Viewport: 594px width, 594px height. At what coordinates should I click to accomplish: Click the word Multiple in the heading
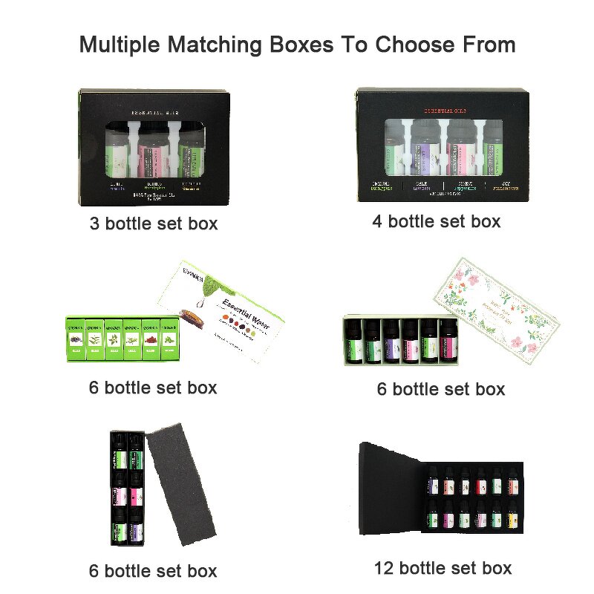tap(123, 45)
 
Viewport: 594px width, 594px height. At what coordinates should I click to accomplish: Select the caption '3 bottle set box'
tap(153, 223)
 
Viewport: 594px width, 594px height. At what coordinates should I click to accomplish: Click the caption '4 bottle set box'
tap(437, 221)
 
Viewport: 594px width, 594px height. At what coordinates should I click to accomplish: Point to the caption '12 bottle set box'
tap(443, 568)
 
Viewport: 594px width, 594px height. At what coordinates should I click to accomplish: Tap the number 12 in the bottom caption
tap(385, 568)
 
